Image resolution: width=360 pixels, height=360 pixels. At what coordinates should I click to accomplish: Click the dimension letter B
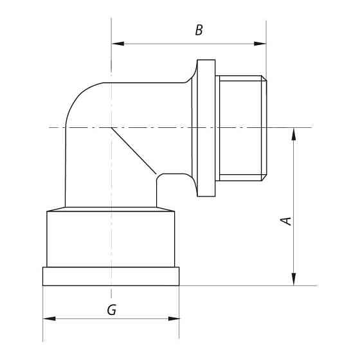click(x=199, y=30)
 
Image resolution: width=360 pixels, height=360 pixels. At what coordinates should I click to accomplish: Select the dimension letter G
click(x=111, y=309)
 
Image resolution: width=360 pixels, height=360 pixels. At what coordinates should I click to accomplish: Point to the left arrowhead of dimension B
click(x=116, y=44)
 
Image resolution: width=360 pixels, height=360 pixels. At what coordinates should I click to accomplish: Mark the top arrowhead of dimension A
click(x=294, y=132)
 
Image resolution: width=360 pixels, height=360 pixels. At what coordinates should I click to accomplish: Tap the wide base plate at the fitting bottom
click(x=111, y=276)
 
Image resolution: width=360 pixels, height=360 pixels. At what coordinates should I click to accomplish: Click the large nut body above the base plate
click(x=111, y=238)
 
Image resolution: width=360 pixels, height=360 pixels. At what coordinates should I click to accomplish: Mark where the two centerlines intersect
click(x=111, y=127)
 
